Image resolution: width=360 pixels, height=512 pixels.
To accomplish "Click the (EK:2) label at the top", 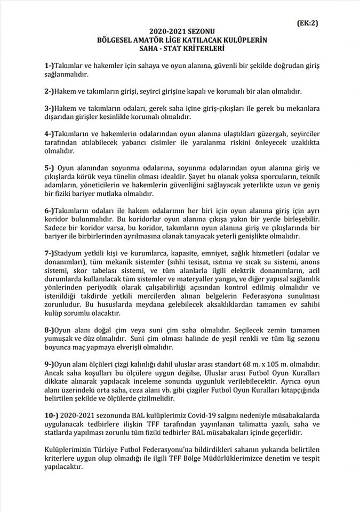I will coord(307,23).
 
